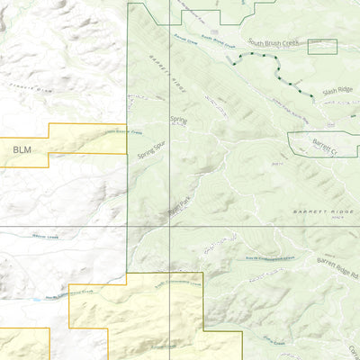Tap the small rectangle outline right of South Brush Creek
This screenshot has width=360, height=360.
point(322,47)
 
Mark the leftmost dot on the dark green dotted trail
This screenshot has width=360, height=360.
point(232,64)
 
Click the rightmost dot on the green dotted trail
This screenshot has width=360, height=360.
point(312,95)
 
